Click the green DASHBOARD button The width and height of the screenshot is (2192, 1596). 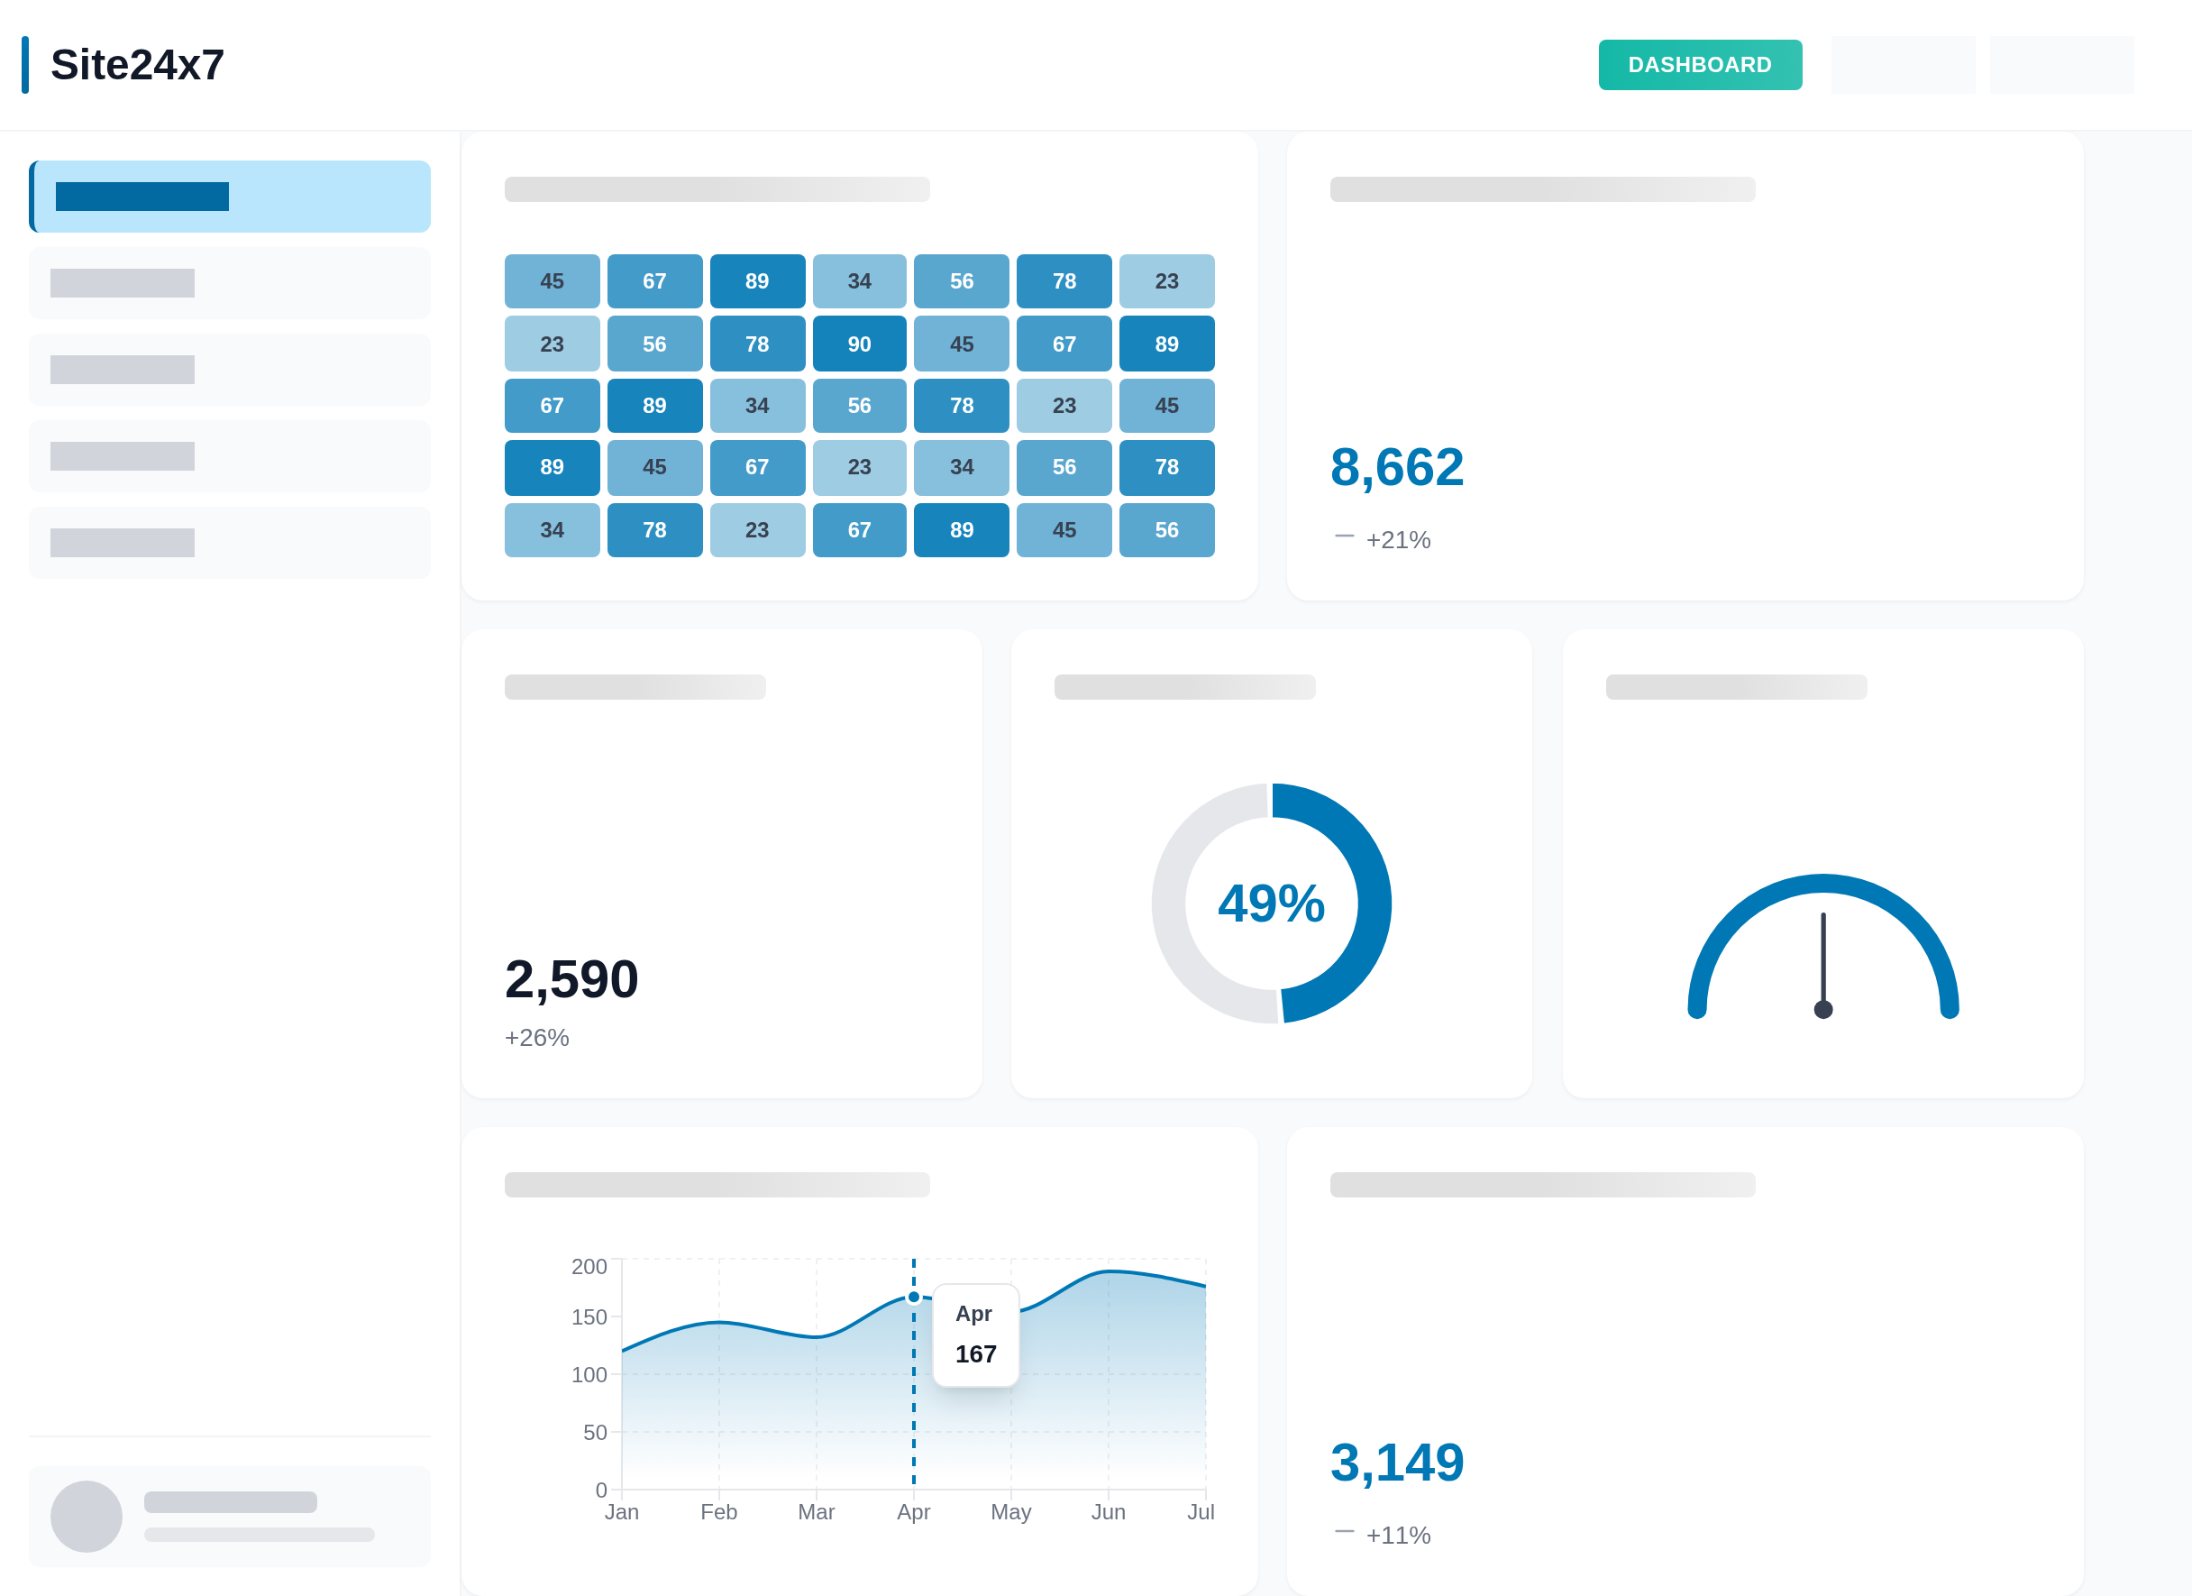tap(1699, 65)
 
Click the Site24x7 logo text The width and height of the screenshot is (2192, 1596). tap(137, 65)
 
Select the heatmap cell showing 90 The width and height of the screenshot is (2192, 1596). tap(858, 344)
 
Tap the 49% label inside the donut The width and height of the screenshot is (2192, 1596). tap(1270, 903)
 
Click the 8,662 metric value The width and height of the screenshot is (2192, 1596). tap(1396, 467)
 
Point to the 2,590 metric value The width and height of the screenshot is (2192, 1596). tap(571, 978)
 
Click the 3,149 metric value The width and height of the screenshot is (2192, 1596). tap(1396, 1462)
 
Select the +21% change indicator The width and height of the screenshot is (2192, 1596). tap(1398, 539)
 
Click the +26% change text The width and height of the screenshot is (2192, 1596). tap(536, 1037)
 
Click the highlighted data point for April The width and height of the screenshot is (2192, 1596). tap(913, 1298)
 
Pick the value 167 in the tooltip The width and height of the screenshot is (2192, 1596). tap(975, 1353)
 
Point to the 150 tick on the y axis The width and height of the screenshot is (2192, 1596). tap(589, 1316)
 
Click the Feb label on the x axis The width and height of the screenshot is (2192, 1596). tap(718, 1512)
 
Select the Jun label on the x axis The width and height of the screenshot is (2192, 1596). tap(1108, 1512)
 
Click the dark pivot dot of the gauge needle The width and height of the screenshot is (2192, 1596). tap(1822, 1009)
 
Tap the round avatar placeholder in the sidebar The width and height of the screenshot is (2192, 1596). tap(86, 1516)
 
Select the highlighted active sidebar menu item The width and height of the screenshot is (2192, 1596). tap(230, 197)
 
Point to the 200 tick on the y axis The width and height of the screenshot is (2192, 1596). tap(589, 1266)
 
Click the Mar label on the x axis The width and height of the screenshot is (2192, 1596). tap(816, 1512)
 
